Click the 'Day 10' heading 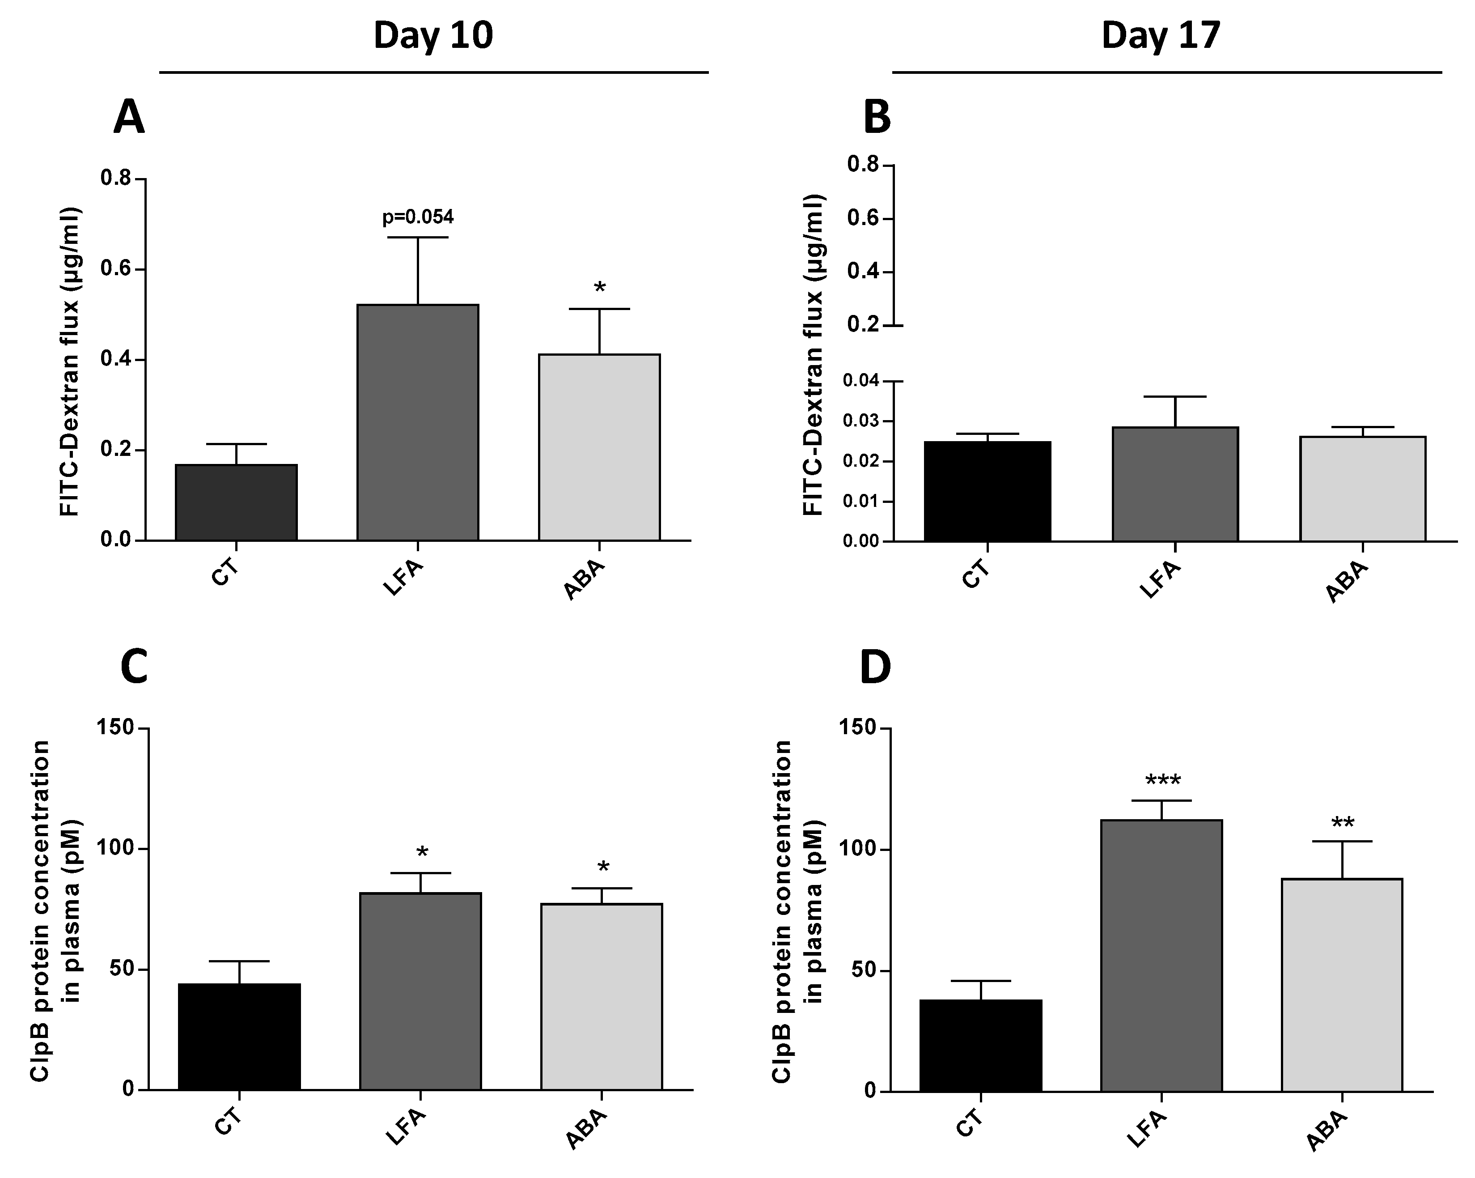(433, 36)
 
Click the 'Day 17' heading (1161, 36)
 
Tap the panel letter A (129, 118)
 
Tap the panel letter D (874, 668)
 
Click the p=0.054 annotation (417, 218)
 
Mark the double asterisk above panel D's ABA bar (1342, 823)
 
